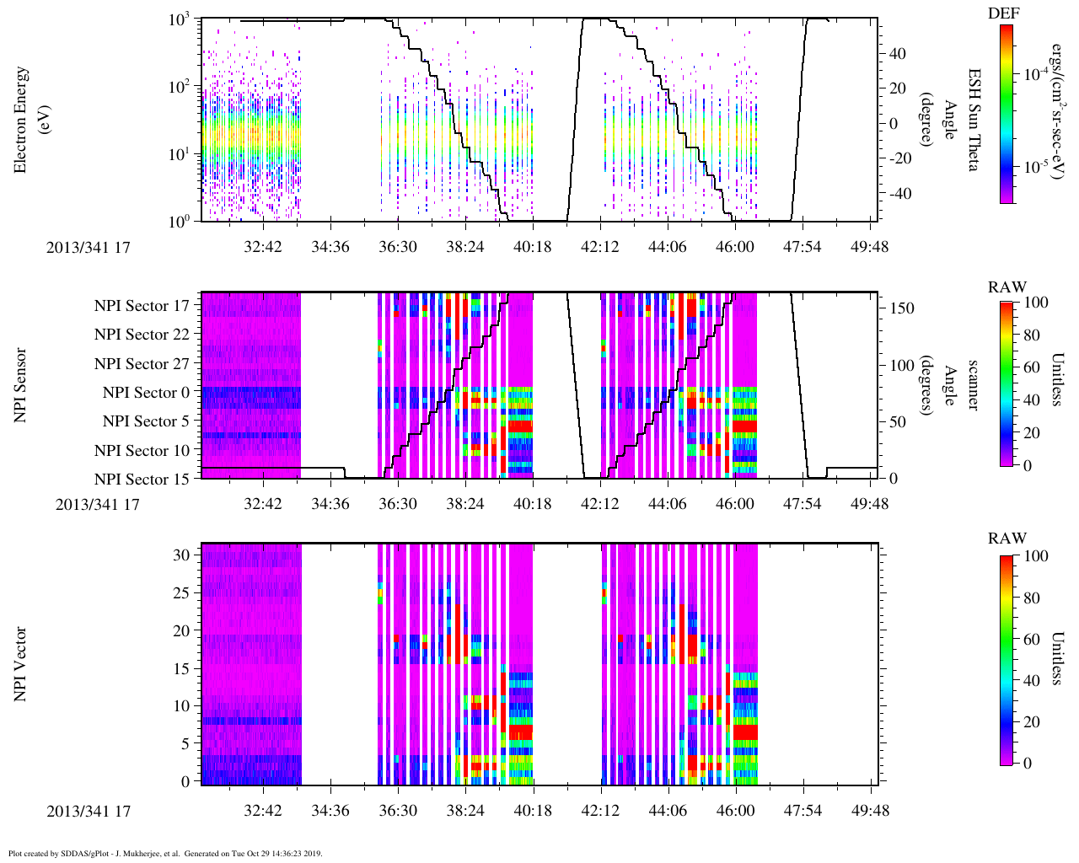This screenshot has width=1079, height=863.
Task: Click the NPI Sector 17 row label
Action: click(x=142, y=306)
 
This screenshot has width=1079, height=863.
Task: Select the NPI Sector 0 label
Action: click(x=146, y=393)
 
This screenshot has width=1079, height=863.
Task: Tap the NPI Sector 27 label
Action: click(x=142, y=364)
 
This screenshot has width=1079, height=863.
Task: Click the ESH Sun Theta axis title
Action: click(x=973, y=120)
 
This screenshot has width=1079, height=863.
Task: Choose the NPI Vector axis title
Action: click(x=20, y=664)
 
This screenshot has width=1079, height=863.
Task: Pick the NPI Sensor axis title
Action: click(x=20, y=385)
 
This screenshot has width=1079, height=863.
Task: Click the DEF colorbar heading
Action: click(x=1003, y=13)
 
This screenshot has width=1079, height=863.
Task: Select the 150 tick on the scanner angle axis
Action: click(x=903, y=308)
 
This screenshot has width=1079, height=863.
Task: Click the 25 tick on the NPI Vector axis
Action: click(x=183, y=593)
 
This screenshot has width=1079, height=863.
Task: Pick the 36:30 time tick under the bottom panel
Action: click(x=397, y=811)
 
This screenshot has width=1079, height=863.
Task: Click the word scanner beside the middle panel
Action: click(x=973, y=385)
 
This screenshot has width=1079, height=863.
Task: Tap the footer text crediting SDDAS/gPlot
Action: click(x=165, y=854)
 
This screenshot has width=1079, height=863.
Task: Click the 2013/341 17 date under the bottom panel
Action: click(x=89, y=812)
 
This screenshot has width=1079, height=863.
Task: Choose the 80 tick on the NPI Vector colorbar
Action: click(x=1030, y=598)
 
